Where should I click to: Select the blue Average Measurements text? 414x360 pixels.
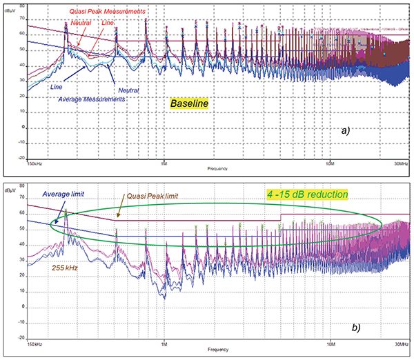pyautogui.click(x=92, y=99)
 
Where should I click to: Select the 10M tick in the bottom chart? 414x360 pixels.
pyautogui.click(x=333, y=343)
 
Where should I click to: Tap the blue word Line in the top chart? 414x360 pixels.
pyautogui.click(x=57, y=87)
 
